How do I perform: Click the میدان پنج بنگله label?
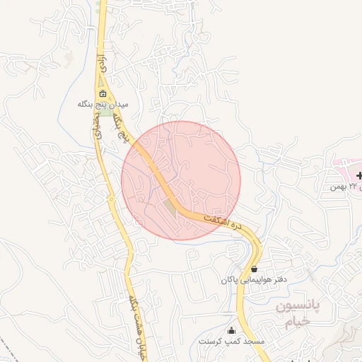[x=103, y=104]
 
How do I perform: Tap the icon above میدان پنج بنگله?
[x=103, y=94]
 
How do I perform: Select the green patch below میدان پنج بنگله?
[x=105, y=113]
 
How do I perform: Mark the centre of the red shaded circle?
[x=181, y=180]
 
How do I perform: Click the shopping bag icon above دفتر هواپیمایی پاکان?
[x=254, y=269]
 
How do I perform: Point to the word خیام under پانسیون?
[x=298, y=322]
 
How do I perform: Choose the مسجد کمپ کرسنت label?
[x=231, y=341]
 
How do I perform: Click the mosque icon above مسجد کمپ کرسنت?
[x=231, y=330]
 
